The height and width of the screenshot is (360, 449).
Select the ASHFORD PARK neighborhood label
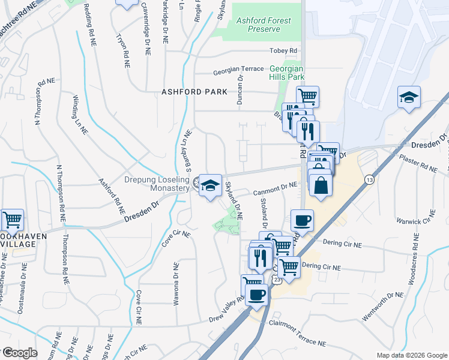pos(194,92)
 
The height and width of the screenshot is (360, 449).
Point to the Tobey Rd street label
pos(284,50)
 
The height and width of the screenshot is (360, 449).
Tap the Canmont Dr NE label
pos(275,188)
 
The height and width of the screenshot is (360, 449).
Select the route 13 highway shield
pos(368,179)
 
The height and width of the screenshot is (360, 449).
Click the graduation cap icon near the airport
pos(409,97)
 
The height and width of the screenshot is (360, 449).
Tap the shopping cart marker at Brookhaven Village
pos(12,220)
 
